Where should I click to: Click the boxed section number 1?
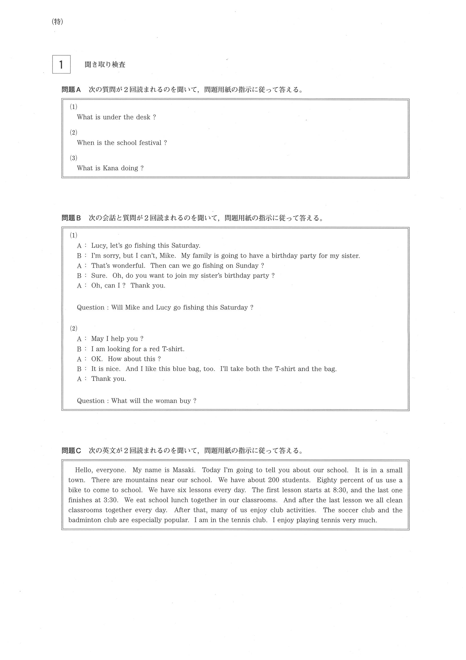click(x=61, y=64)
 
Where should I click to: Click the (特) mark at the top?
click(x=57, y=21)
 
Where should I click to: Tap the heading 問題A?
click(x=71, y=90)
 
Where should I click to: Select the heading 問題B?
click(x=71, y=218)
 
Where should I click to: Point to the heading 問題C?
click(x=71, y=450)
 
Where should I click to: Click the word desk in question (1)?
click(x=144, y=117)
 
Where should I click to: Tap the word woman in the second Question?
click(x=166, y=401)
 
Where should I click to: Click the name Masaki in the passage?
click(x=184, y=470)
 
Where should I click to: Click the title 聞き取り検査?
click(x=105, y=64)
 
